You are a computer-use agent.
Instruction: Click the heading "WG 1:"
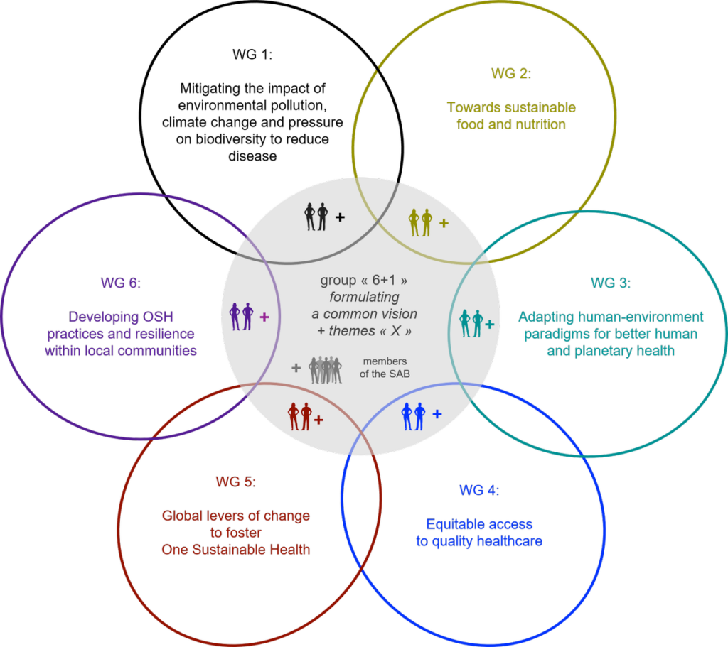[x=252, y=54]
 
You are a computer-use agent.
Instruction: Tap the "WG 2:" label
[x=510, y=73]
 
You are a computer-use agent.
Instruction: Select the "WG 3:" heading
[x=611, y=283]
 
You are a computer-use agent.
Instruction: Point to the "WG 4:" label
[x=479, y=490]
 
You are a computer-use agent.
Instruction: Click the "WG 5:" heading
[x=235, y=482]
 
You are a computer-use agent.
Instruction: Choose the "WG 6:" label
[x=120, y=283]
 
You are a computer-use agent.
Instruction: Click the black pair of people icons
[x=316, y=217]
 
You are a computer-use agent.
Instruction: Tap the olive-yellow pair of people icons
[x=420, y=222]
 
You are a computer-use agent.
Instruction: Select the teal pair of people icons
[x=471, y=323]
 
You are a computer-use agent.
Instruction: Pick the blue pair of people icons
[x=413, y=416]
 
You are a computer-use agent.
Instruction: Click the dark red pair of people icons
[x=299, y=416]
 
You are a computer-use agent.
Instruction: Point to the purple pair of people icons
[x=242, y=316]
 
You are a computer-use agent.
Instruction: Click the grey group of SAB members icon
[x=326, y=369]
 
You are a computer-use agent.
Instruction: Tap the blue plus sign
[x=437, y=414]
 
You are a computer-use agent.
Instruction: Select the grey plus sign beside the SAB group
[x=296, y=368]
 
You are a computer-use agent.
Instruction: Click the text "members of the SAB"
[x=385, y=367]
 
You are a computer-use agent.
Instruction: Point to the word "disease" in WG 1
[x=252, y=156]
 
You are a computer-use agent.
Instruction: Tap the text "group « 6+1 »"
[x=364, y=280]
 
